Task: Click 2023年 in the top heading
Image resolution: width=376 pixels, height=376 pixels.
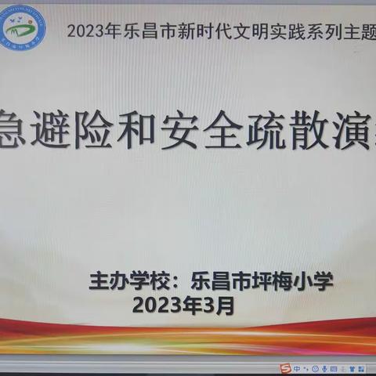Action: [90, 32]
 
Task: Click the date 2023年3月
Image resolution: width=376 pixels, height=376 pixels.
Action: [183, 305]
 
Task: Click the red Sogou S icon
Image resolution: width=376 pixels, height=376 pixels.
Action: [287, 367]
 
